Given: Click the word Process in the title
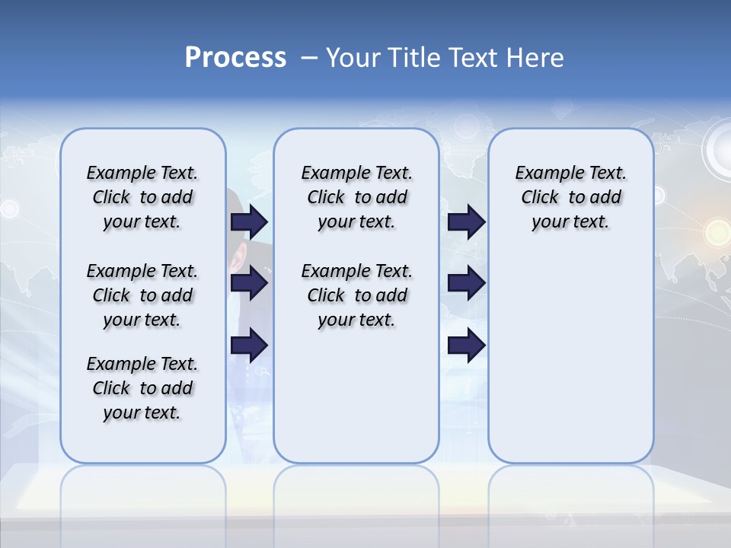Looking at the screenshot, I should coord(235,58).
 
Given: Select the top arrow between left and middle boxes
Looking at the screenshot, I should coord(249,222).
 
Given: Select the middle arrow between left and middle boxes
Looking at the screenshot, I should coord(249,284).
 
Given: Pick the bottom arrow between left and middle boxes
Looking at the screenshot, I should coord(249,346).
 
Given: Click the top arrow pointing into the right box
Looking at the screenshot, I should coord(466,222).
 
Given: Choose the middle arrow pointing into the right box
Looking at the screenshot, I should coord(466,284).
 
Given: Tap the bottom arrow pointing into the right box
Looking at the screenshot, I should coord(466,346).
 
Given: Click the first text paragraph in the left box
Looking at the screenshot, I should coord(142,197).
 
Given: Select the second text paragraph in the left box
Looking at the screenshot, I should coord(142,295).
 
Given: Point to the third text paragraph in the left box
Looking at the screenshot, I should coord(142,388).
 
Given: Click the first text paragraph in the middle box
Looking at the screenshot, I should coord(356,197).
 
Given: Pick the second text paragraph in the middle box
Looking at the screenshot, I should coord(356,295).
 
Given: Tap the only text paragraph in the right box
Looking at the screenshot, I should coord(570,197).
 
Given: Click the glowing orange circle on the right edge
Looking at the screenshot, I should coord(717,230).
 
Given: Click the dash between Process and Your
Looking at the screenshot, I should coord(309,58).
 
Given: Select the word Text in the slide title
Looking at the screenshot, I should coord(474,58).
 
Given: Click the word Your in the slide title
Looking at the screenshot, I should coord(353,58).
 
